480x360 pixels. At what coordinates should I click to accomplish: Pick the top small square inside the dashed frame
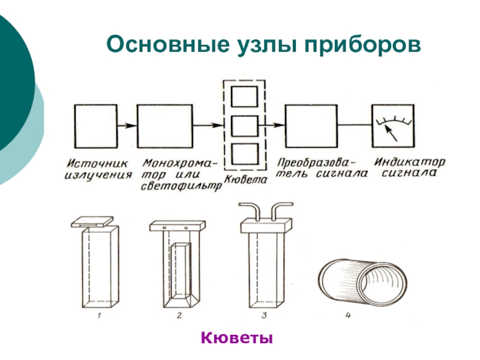[244, 98]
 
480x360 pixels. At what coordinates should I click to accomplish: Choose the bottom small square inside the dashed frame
[244, 155]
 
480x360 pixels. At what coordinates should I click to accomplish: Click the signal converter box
[311, 126]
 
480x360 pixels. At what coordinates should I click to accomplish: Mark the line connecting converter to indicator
[354, 126]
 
